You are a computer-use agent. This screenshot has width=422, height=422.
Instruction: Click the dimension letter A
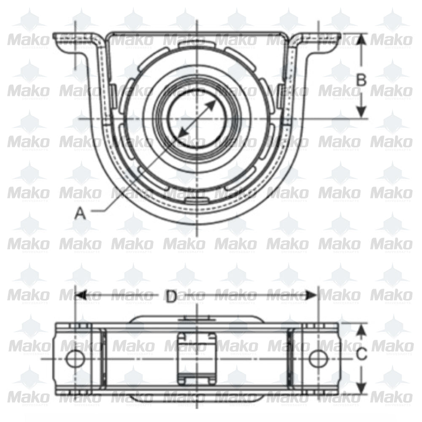(x=80, y=214)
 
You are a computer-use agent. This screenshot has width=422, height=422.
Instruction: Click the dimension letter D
(x=170, y=297)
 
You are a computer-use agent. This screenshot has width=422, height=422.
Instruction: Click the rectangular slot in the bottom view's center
(x=197, y=358)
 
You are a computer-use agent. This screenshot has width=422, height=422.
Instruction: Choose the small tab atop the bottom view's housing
(x=197, y=319)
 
